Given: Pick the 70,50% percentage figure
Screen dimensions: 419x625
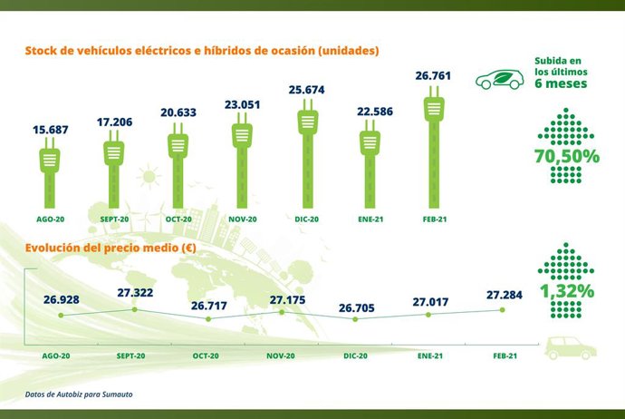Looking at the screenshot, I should click(567, 156).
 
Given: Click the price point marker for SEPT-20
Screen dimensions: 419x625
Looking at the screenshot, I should click(135, 309).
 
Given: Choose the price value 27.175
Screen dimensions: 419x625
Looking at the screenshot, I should click(282, 297).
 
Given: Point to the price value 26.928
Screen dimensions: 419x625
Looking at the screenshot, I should click(62, 298).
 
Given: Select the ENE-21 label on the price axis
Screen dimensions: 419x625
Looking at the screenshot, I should click(428, 356).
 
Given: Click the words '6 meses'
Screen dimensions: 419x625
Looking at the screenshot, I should click(562, 83).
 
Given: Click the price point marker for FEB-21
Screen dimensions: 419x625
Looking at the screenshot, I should click(502, 310).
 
